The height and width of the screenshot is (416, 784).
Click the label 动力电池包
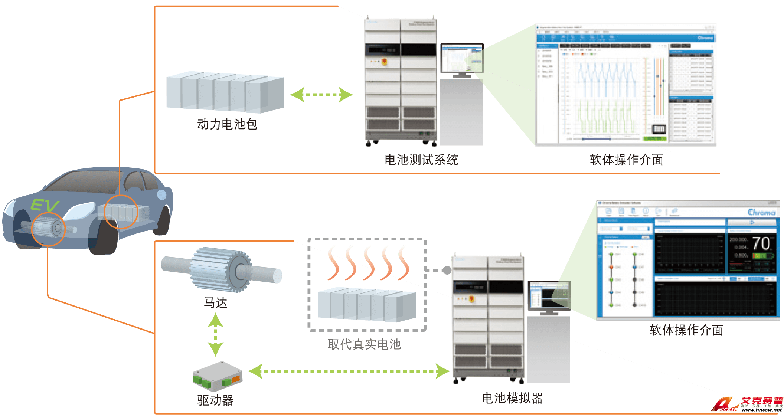(227, 124)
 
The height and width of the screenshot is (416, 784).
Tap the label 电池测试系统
(421, 160)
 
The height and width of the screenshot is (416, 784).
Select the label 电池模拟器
(512, 398)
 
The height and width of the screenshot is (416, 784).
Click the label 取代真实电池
(364, 344)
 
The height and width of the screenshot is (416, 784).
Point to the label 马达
(215, 303)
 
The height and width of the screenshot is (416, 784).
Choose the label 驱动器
(215, 400)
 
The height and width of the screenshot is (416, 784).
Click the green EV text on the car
(45, 205)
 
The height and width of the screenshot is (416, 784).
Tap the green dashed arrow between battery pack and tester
(321, 95)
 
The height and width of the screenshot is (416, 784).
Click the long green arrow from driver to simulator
(349, 371)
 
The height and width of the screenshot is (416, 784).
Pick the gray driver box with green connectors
(217, 376)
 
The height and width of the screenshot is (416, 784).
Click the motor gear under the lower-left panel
(222, 269)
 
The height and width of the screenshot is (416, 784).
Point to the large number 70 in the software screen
(761, 244)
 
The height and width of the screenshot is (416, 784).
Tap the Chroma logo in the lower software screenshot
(761, 213)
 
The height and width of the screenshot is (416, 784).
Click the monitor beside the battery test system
(461, 59)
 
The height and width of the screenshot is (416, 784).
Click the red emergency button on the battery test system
(385, 62)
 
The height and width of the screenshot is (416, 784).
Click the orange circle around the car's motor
(48, 229)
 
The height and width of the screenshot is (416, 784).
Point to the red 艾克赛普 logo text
(762, 400)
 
